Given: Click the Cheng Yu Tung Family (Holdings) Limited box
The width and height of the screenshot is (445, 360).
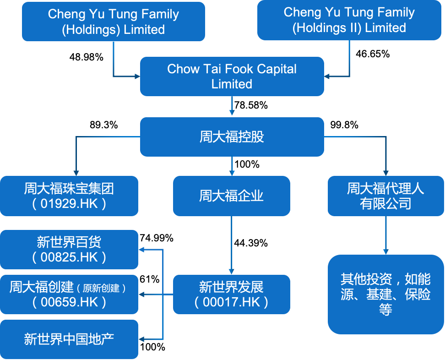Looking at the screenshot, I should pos(113,22).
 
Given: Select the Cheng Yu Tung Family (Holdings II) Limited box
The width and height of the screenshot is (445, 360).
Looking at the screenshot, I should pos(349,20).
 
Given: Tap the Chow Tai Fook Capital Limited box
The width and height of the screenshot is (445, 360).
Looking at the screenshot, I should pos(232,76).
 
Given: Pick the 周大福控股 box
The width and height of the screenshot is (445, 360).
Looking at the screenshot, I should pos(232,137).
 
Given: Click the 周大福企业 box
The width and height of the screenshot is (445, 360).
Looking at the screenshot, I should pos(231,196).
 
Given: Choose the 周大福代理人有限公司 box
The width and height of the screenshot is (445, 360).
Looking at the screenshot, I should pos(385,196).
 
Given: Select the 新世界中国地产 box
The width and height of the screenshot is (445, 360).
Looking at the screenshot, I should pos(69,339).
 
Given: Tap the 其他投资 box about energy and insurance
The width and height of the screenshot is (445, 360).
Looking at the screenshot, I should pos(385,294).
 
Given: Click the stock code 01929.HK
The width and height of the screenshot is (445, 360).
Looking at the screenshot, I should pos(70,203).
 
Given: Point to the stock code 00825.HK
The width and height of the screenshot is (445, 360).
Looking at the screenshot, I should pos(70,257).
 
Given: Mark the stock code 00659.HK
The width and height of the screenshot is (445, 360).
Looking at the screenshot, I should pos(70,302).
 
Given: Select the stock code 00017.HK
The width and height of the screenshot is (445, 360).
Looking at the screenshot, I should pos(232,302).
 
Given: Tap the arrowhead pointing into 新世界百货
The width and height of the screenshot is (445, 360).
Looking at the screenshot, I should pos(141,250).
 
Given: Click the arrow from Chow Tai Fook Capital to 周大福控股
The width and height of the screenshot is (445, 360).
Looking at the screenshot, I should pos(232,107).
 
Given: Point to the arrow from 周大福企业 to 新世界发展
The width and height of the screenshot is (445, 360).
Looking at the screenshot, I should pos(232,245).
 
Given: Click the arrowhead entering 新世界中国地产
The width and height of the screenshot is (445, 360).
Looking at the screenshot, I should pos(141,339).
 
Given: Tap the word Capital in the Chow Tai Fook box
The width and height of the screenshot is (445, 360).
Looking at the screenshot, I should pos(272,69).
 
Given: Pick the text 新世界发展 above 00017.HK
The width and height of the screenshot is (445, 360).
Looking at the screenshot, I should pos(231,288).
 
